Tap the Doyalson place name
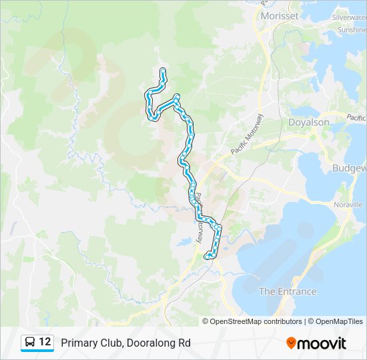click(x=308, y=123)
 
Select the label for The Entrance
click(x=287, y=291)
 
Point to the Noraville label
click(x=348, y=204)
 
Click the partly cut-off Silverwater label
click(x=350, y=17)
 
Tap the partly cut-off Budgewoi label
click(x=350, y=168)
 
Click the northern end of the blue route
click(x=163, y=69)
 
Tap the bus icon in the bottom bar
click(x=30, y=343)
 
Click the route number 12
click(x=45, y=342)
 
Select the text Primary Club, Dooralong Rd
click(x=125, y=343)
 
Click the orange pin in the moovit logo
click(x=291, y=343)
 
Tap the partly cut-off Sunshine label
click(x=352, y=30)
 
